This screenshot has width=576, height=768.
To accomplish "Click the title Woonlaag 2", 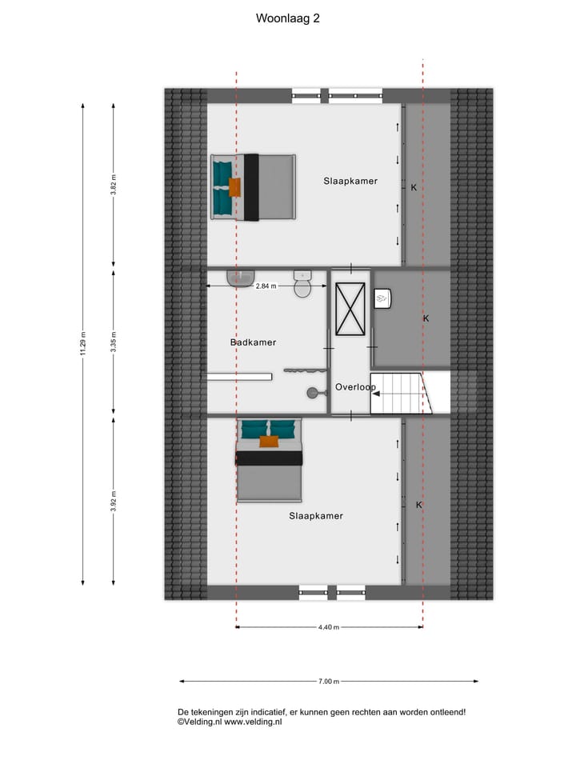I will [x=287, y=17].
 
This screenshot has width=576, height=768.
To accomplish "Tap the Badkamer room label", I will [x=253, y=342].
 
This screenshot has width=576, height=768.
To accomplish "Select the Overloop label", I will [x=355, y=387].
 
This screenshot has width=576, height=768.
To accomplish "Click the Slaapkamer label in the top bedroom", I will [x=350, y=181].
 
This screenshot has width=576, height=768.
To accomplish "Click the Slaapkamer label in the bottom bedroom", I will [x=315, y=516].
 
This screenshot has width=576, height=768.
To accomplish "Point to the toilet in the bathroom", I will [x=302, y=285].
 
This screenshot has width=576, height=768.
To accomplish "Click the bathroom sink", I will [x=239, y=278].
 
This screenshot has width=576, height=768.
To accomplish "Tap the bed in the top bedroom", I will [x=253, y=187].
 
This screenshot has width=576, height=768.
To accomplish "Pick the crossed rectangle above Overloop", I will [x=350, y=309].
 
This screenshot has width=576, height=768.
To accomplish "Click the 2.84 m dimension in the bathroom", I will [x=266, y=286].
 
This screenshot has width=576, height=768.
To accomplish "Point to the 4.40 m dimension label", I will [x=328, y=627].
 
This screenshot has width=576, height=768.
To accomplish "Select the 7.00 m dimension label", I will [x=328, y=682].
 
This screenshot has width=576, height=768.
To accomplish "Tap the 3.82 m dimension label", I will [x=114, y=185].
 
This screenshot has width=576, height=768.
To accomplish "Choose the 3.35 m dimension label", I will [x=114, y=342].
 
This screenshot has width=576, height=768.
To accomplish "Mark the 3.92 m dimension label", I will [x=114, y=500].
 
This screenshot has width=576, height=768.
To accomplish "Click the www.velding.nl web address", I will [x=253, y=722].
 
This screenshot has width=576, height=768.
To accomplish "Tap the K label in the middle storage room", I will [x=426, y=318].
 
